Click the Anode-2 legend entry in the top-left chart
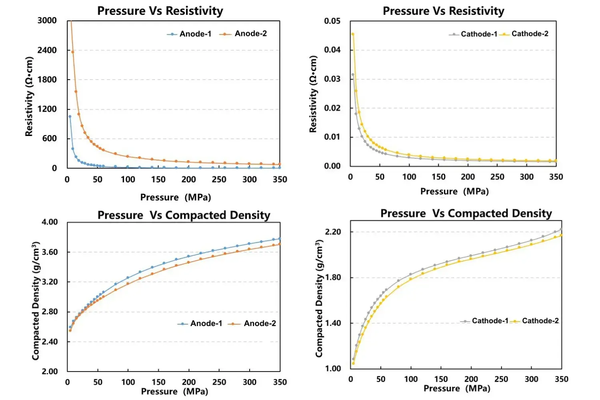pyautogui.click(x=250, y=34)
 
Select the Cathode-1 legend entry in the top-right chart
pyautogui.click(x=478, y=34)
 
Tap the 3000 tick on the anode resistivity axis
pyautogui.click(x=47, y=21)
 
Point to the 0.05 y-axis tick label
pyautogui.click(x=332, y=21)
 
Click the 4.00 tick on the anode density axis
pyautogui.click(x=50, y=222)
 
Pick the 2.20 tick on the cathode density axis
pyautogui.click(x=333, y=232)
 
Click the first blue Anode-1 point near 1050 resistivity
pyautogui.click(x=70, y=117)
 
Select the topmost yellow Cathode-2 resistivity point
pyautogui.click(x=353, y=34)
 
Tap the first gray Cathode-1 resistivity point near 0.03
pyautogui.click(x=353, y=74)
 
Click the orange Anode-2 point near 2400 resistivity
pyautogui.click(x=73, y=52)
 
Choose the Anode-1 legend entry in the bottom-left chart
pyautogui.click(x=206, y=324)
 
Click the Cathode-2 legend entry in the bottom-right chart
pyautogui.click(x=540, y=321)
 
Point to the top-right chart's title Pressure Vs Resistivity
pyautogui.click(x=443, y=11)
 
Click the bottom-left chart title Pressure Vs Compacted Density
pyautogui.click(x=184, y=215)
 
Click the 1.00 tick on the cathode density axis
pyautogui.click(x=333, y=368)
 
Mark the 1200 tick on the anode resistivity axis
pyautogui.click(x=47, y=109)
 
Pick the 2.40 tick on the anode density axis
pyautogui.click(x=50, y=342)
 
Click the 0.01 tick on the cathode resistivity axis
pyautogui.click(x=332, y=137)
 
